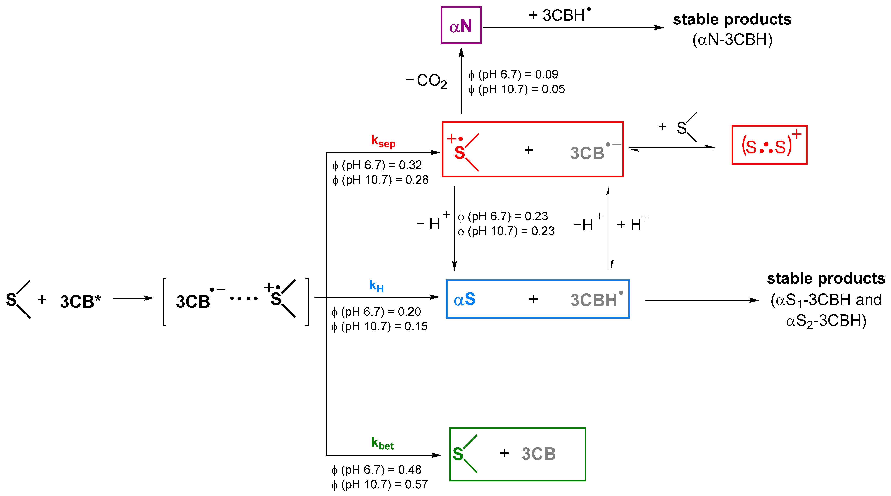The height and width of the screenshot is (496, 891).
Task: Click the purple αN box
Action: tap(461, 25)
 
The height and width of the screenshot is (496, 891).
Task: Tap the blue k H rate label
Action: tap(376, 286)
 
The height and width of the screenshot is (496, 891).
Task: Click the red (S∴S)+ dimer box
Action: tap(769, 145)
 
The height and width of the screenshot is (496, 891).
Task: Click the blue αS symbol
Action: tap(465, 299)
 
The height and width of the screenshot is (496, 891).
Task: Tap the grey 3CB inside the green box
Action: tap(539, 454)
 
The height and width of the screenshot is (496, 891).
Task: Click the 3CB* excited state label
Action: tap(80, 301)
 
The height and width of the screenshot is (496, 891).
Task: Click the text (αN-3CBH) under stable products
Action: tap(732, 40)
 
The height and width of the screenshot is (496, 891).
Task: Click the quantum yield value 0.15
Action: tap(416, 326)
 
